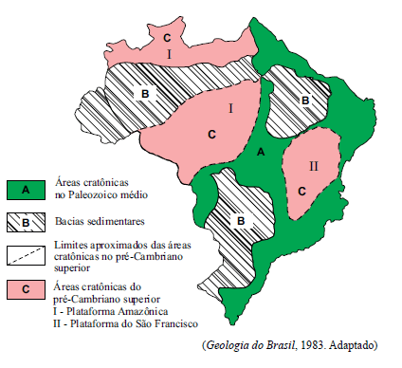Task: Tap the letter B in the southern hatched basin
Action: (x=242, y=221)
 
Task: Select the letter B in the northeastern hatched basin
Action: (x=304, y=100)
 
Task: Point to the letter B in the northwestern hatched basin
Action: (x=145, y=93)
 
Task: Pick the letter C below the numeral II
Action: (x=302, y=191)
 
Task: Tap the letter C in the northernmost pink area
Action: (x=167, y=37)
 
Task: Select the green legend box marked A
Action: (x=27, y=190)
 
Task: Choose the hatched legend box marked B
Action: (x=27, y=222)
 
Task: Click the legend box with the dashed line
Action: (x=27, y=254)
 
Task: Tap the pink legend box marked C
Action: (x=27, y=288)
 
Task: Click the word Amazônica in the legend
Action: (x=145, y=313)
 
